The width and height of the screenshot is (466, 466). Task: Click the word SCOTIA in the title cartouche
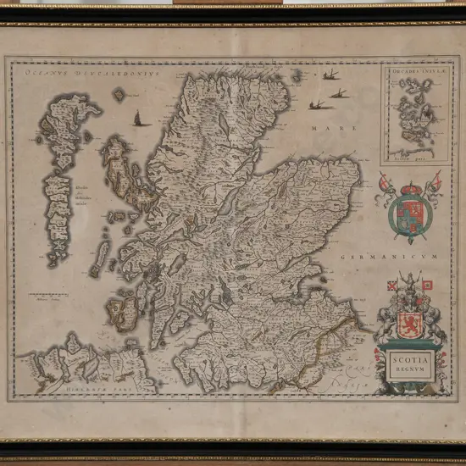(410, 358)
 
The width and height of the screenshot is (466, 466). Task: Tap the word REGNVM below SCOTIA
(410, 370)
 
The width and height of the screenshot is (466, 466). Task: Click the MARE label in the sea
(322, 128)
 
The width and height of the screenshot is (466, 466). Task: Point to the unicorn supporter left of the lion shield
(388, 322)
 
